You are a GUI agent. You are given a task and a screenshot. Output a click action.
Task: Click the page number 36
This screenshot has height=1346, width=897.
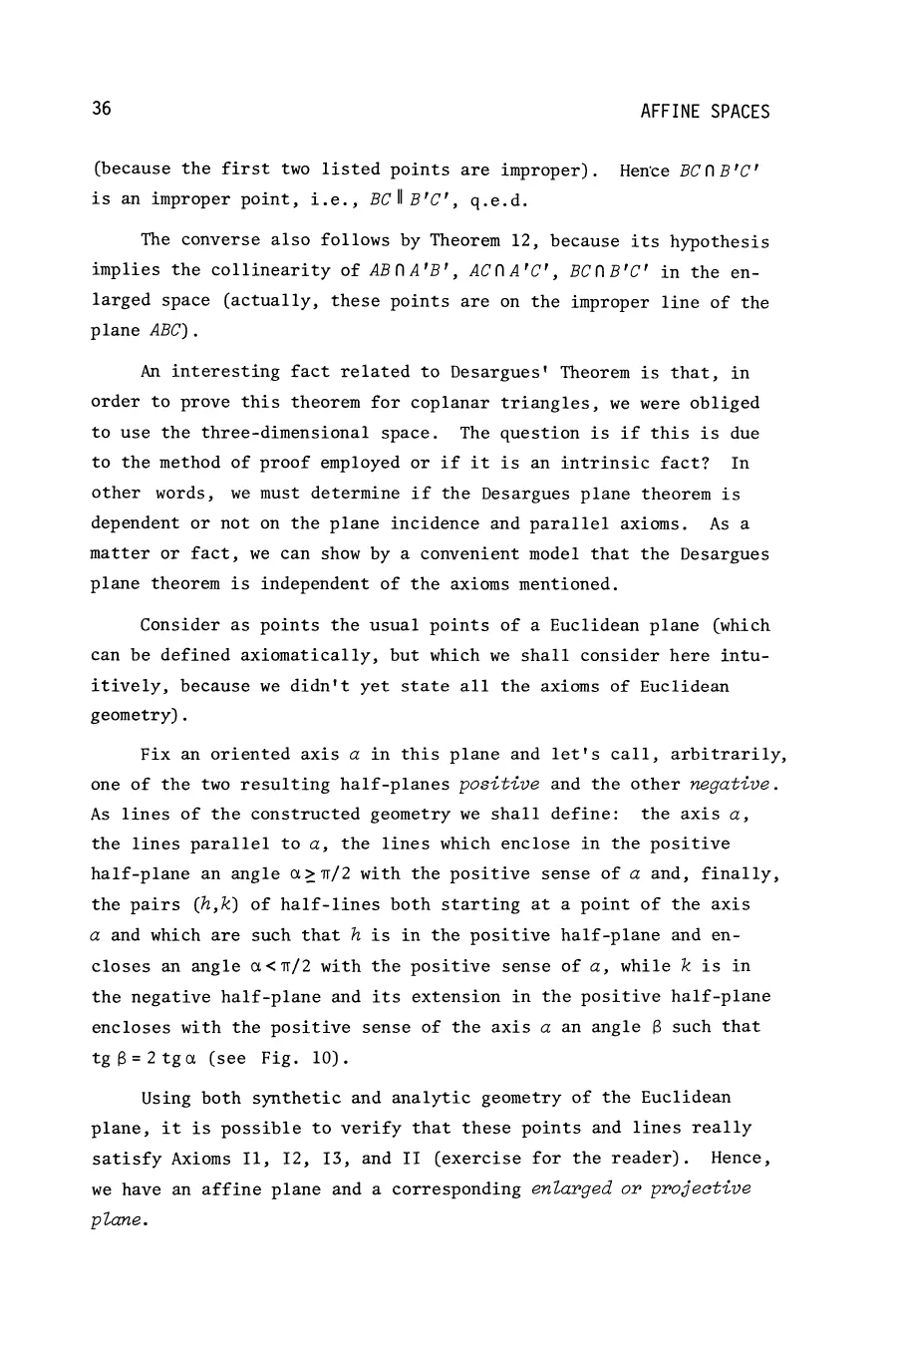[x=101, y=110]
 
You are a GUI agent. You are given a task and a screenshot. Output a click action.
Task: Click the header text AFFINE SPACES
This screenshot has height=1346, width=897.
[x=705, y=112]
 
